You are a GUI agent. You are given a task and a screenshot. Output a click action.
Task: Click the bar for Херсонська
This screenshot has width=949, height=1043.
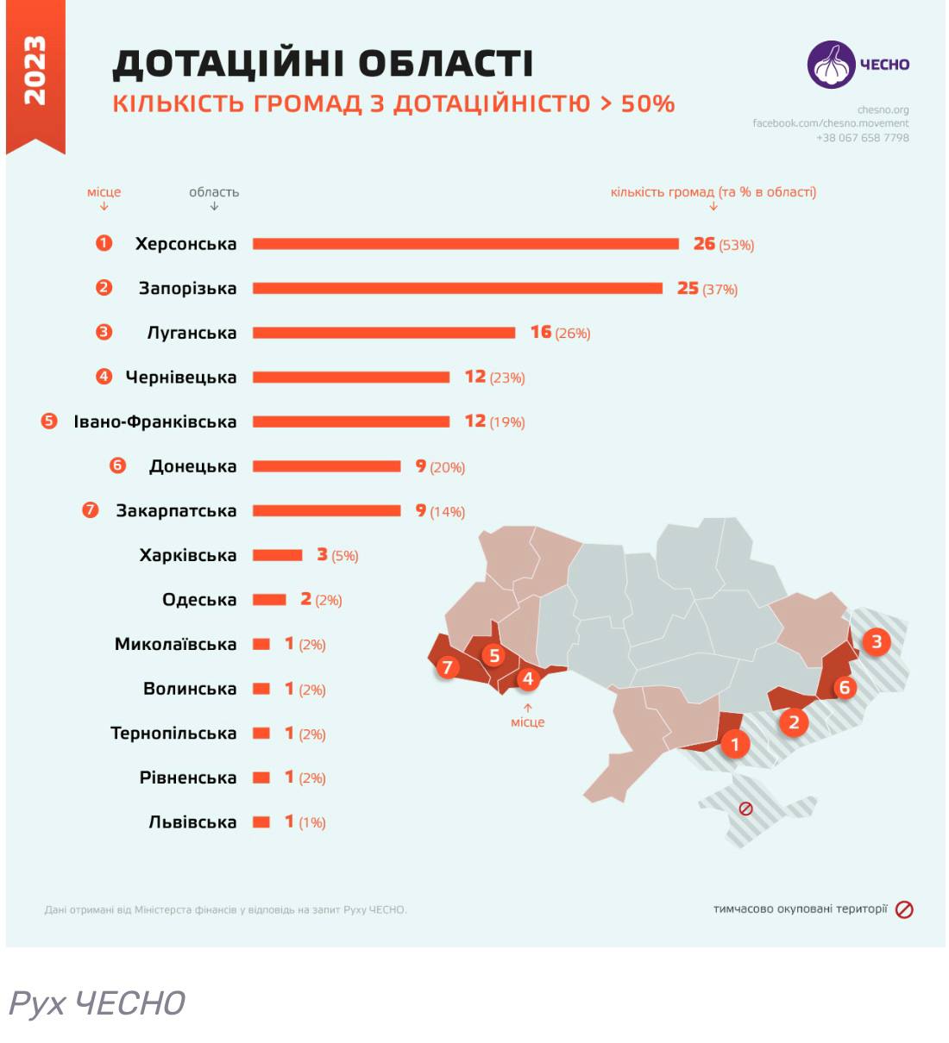click(466, 244)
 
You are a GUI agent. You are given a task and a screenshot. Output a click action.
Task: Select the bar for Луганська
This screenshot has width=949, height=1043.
click(384, 333)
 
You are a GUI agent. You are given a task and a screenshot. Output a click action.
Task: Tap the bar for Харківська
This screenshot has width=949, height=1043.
click(278, 555)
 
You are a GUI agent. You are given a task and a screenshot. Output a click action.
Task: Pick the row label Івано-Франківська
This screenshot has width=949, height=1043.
click(155, 422)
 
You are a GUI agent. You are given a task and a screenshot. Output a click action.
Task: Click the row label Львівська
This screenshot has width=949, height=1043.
click(192, 822)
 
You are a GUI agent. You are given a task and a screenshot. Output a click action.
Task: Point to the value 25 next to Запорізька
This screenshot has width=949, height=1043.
click(688, 288)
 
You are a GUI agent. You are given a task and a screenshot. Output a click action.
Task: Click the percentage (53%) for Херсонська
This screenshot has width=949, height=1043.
click(737, 246)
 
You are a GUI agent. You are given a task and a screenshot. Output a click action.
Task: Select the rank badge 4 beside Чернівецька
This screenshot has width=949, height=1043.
click(104, 377)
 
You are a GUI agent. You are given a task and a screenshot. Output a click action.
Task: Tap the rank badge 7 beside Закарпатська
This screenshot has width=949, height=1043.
click(91, 510)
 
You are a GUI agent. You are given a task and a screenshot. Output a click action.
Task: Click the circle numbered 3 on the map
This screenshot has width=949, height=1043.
click(877, 641)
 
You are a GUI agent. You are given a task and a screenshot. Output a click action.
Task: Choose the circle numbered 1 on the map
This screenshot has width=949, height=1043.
click(735, 744)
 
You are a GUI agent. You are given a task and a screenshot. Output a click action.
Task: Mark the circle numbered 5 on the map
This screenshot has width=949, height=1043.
click(494, 656)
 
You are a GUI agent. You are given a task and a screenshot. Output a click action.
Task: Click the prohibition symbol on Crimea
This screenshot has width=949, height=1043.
click(746, 809)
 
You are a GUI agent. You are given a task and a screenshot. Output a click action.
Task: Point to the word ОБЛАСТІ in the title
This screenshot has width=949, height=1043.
click(446, 63)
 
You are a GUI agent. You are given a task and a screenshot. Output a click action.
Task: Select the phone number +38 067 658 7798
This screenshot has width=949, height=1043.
click(863, 138)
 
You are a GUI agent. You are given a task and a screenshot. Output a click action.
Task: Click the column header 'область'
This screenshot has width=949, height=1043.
click(214, 192)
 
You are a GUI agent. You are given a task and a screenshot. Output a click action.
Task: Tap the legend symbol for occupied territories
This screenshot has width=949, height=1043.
click(904, 909)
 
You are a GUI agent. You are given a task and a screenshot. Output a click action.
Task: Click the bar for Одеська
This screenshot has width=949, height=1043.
click(269, 600)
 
